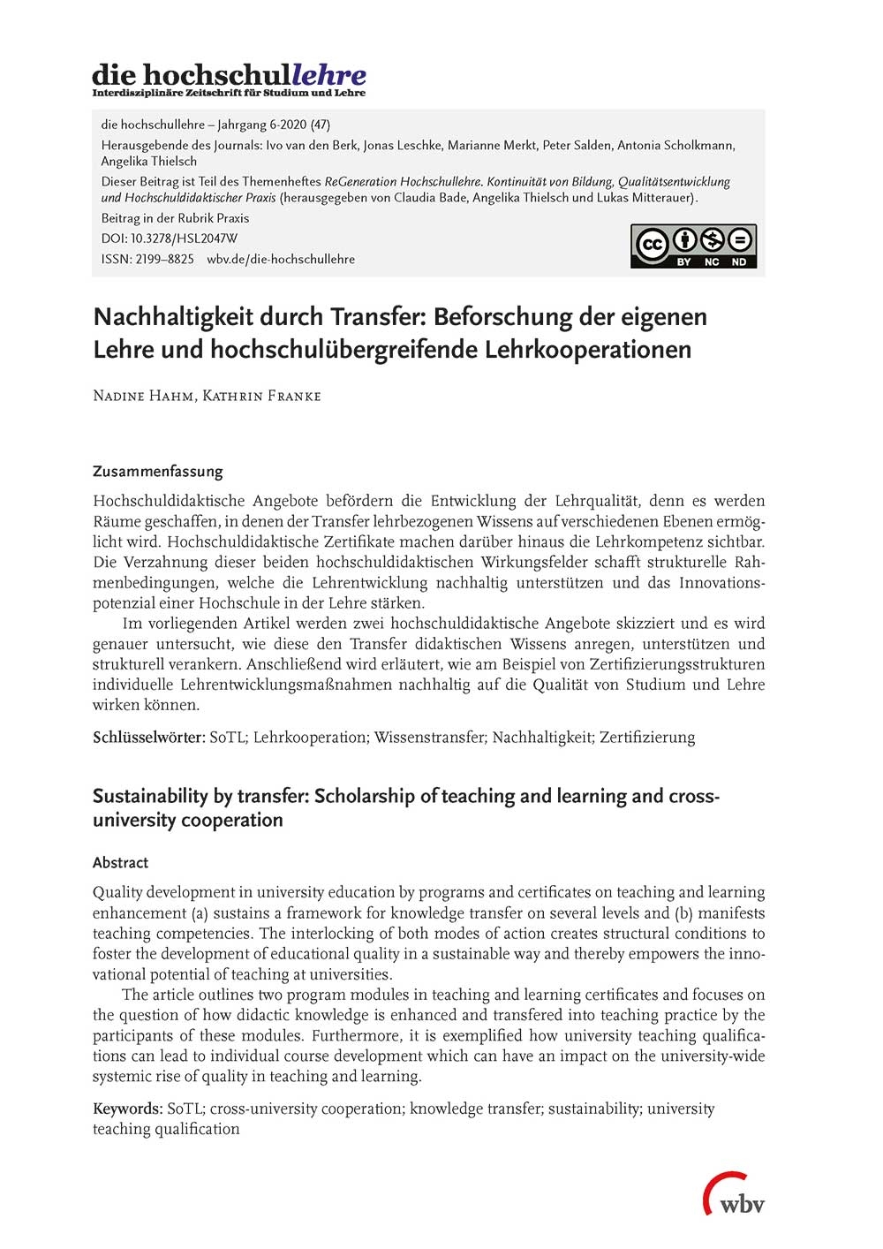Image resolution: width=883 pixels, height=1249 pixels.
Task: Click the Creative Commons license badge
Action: pyautogui.click(x=693, y=246)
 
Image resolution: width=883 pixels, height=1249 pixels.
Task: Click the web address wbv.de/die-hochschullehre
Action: pyautogui.click(x=281, y=259)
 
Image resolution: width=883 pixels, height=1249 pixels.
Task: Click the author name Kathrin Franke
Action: pyautogui.click(x=261, y=396)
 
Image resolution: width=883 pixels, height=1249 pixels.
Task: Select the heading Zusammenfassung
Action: pyautogui.click(x=157, y=471)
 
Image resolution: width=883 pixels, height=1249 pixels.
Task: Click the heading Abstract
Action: pyautogui.click(x=120, y=862)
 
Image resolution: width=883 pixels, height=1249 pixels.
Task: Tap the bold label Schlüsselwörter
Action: pyautogui.click(x=147, y=737)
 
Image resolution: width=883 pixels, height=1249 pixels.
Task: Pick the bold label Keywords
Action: pyautogui.click(x=127, y=1109)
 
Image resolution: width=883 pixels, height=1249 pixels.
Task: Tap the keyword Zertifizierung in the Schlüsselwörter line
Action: pyautogui.click(x=647, y=737)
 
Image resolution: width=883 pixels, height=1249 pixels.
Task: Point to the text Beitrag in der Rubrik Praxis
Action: pyautogui.click(x=175, y=218)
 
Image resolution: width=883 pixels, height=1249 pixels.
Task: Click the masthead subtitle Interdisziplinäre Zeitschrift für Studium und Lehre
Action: pyautogui.click(x=229, y=93)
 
